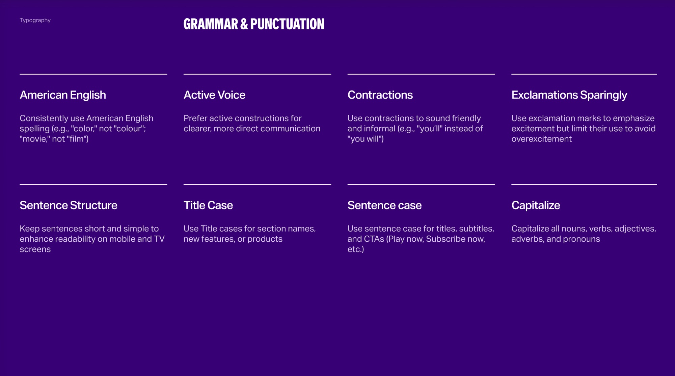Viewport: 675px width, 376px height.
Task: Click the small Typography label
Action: [x=35, y=20]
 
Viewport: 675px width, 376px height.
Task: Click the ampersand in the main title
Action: [x=244, y=24]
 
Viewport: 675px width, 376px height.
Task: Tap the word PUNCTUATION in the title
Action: [x=287, y=24]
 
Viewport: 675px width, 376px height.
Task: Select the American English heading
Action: [x=63, y=95]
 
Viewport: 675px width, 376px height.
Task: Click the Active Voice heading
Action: [x=214, y=95]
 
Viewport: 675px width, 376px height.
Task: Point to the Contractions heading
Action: [x=380, y=95]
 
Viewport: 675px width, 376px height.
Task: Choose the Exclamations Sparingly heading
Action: [x=569, y=95]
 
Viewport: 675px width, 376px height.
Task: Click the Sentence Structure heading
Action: [x=69, y=206]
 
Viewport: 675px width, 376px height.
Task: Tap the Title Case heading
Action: [x=208, y=206]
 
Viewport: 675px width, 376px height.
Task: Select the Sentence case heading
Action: [x=384, y=206]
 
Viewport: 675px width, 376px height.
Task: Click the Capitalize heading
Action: [x=536, y=206]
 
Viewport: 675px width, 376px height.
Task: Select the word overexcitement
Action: [x=541, y=139]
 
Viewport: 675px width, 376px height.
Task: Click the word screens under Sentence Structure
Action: [x=35, y=249]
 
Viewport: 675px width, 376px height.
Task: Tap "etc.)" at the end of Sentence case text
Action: [x=356, y=249]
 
